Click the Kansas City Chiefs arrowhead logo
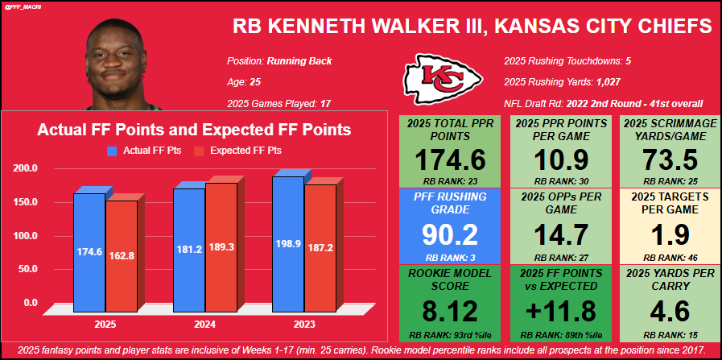(x=443, y=78)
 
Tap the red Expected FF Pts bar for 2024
(x=221, y=246)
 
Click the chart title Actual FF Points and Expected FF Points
(x=195, y=129)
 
